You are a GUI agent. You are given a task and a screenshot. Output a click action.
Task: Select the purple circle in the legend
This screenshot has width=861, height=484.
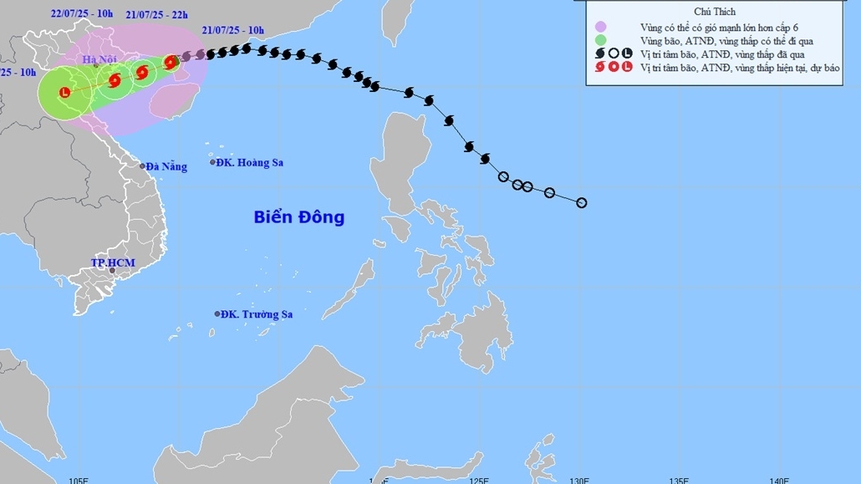point(599,27)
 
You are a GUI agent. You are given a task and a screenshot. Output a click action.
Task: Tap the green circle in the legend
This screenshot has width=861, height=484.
point(599,40)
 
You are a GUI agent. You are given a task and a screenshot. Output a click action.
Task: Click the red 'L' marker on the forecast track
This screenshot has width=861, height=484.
point(66,93)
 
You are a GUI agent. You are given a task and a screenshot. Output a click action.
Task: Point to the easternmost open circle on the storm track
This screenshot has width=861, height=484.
point(582,202)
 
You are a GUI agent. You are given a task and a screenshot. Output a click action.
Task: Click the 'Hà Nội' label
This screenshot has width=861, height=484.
point(99,59)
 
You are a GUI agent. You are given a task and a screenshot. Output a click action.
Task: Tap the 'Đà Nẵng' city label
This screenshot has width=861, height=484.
point(166,166)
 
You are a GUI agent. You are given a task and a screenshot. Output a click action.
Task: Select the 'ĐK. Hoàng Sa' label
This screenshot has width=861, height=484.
point(249,162)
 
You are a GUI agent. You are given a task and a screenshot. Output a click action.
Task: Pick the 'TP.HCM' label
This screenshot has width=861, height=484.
point(112,262)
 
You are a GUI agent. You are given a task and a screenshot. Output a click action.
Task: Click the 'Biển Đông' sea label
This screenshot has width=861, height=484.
point(298,217)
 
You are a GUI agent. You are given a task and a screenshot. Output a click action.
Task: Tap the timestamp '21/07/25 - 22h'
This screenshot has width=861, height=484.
point(156,15)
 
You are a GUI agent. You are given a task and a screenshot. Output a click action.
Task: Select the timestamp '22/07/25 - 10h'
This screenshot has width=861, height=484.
point(81,13)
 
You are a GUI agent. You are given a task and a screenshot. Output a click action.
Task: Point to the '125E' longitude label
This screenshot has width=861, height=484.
point(479,480)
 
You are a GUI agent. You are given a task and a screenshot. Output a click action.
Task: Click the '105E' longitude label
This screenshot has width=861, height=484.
point(79,480)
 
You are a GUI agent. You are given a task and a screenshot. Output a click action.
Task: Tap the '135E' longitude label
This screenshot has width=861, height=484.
point(679,480)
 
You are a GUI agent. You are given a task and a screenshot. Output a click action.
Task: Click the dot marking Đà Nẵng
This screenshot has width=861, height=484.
point(142,166)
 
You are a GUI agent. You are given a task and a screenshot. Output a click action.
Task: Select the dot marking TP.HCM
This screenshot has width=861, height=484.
point(112,273)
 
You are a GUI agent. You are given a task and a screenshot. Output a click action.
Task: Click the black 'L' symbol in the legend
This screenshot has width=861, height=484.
point(627,53)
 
